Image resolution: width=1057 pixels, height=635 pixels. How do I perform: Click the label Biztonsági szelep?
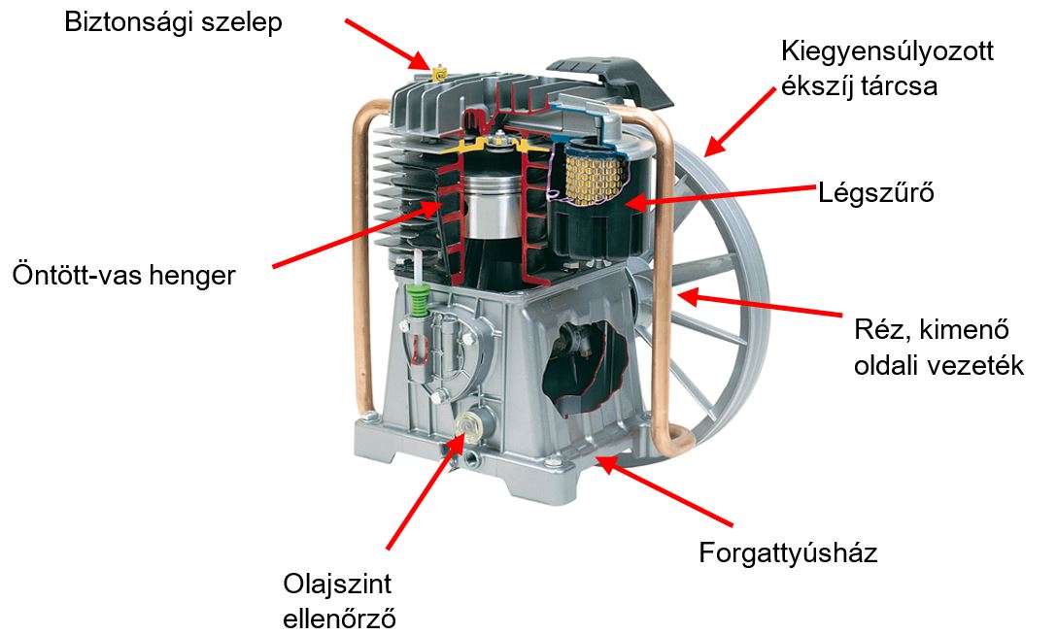tap(173, 23)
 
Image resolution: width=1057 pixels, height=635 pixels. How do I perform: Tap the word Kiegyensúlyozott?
tap(887, 51)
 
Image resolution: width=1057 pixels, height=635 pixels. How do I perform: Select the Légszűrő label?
tap(876, 193)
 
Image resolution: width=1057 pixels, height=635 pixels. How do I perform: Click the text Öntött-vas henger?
tap(124, 276)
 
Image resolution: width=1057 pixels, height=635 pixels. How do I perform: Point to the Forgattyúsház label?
tap(788, 552)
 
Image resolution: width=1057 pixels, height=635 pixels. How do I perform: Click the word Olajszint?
tap(337, 584)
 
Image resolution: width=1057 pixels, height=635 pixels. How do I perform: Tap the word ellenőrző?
tap(339, 618)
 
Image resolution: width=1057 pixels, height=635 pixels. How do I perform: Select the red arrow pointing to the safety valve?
tap(387, 44)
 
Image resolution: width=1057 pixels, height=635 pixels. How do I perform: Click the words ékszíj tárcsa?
tap(859, 86)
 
